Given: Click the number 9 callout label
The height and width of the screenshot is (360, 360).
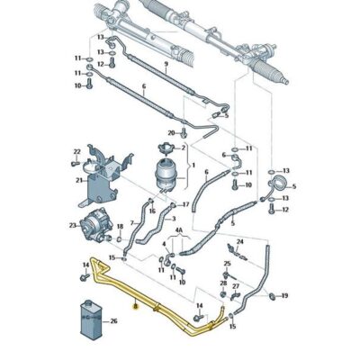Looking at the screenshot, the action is point(166,64).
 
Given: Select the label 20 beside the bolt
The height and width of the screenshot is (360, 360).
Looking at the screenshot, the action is point(171,133).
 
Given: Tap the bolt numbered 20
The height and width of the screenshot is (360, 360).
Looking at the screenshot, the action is point(184,132).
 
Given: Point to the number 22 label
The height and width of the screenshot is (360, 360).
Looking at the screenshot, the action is point(77,151).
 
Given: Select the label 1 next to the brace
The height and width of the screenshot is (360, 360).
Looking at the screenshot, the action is point(193,165).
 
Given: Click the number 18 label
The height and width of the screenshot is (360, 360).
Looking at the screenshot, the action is point(120,226).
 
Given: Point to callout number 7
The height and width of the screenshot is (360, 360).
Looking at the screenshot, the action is point(132,223).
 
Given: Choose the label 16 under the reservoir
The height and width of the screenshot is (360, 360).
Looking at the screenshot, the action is point(152,211).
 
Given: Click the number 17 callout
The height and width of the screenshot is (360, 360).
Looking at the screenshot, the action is point(186,204).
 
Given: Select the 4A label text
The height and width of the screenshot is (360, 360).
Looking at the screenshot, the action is point(179,230).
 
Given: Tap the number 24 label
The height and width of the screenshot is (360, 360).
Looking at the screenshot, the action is point(240,241).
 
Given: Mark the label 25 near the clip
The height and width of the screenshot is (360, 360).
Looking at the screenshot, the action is point(228,264).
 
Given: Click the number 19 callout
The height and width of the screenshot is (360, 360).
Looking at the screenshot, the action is point(284,296).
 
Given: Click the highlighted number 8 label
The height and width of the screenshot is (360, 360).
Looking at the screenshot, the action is point(135,306).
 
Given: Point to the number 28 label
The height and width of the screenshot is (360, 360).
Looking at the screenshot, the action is point(223,283).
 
